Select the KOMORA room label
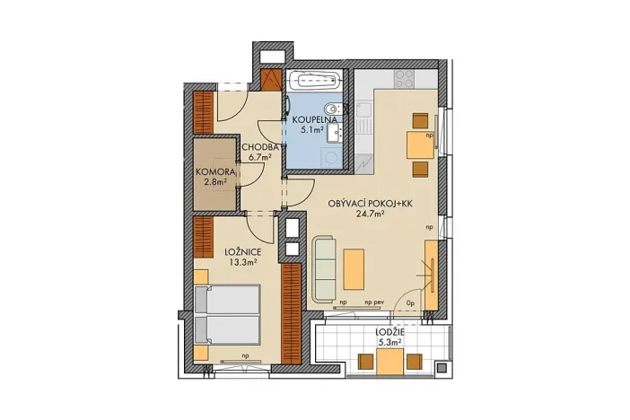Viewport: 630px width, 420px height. pos(215,171)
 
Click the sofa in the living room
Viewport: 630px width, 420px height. pos(324,267)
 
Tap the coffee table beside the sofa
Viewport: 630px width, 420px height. pos(355,267)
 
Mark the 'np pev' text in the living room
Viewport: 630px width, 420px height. pos(375,303)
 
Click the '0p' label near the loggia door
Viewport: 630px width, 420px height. pos(410,304)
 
